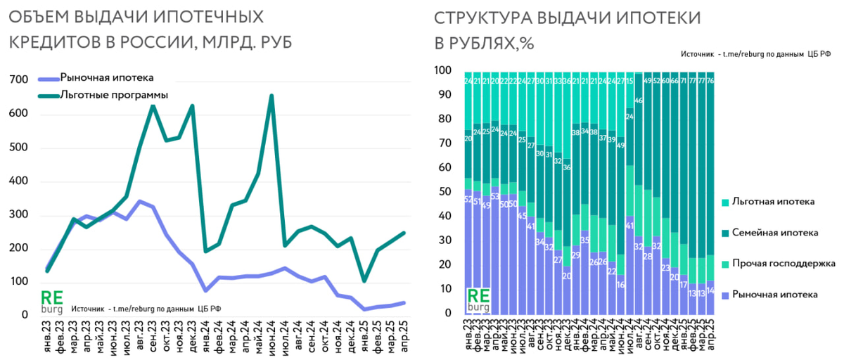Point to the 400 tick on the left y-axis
(20, 181)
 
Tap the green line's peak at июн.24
(271, 96)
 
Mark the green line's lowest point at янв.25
(365, 281)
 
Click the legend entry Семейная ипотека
(773, 232)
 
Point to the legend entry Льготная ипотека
(773, 201)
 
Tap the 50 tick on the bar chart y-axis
(445, 192)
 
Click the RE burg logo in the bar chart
(479, 300)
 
